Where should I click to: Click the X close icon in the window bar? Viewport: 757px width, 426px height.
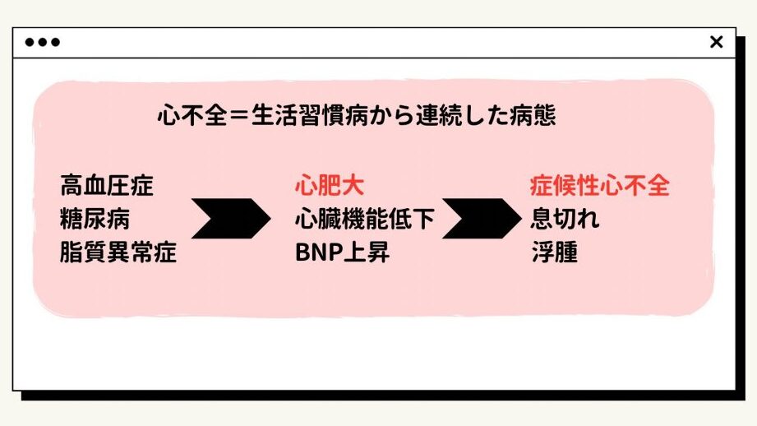tap(716, 42)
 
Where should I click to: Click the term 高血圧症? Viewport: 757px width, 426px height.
tap(107, 186)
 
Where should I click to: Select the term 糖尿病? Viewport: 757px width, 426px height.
tap(95, 220)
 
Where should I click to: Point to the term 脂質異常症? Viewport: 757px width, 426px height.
tap(118, 252)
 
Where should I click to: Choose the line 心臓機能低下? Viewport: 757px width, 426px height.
tap(365, 220)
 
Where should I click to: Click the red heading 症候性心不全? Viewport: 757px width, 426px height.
tap(600, 186)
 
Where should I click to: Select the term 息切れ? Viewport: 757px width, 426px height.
tap(565, 220)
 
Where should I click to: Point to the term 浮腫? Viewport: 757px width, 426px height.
tap(554, 252)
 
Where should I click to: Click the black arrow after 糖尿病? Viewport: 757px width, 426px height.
tap(231, 219)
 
